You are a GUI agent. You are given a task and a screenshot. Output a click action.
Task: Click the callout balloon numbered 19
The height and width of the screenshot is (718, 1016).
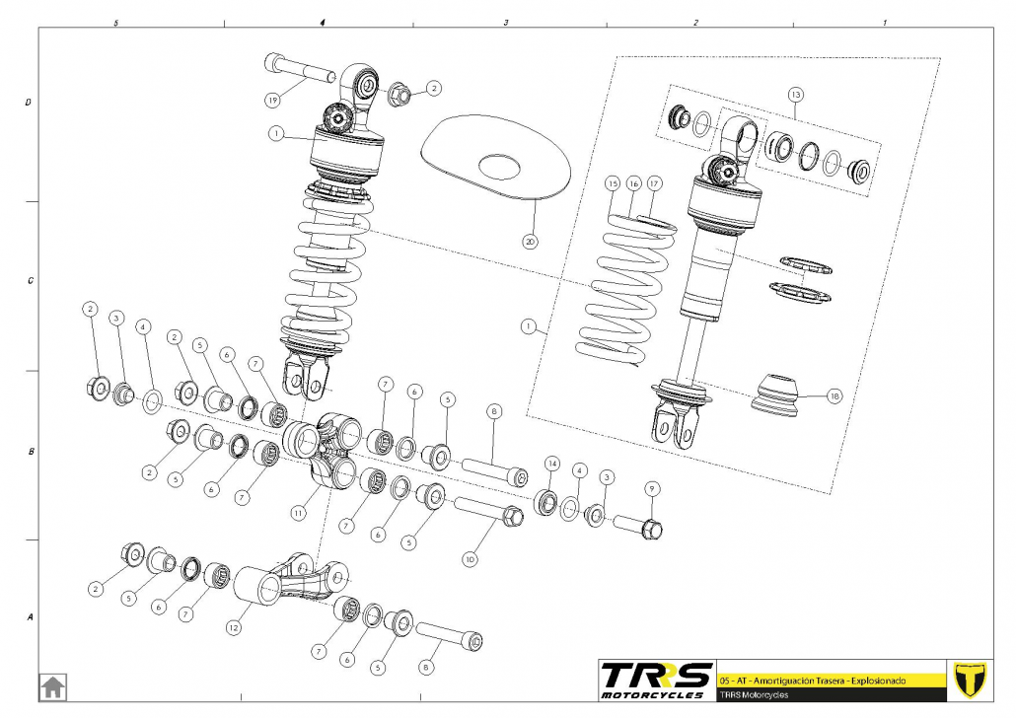click(273, 100)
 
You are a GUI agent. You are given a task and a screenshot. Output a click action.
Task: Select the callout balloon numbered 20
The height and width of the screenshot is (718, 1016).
click(531, 240)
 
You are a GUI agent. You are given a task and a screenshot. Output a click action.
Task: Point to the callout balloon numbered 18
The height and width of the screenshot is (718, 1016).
click(835, 396)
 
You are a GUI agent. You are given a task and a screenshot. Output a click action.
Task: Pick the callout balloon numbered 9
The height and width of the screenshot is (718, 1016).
click(651, 489)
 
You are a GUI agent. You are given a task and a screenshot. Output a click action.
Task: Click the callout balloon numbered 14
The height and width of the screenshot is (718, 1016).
click(552, 463)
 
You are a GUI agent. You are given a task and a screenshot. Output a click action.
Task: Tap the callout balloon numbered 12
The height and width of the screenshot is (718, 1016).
click(234, 627)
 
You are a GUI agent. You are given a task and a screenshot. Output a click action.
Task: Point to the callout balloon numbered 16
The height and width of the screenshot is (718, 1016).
click(633, 184)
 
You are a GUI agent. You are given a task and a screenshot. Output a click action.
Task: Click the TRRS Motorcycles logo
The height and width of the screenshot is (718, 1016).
click(657, 680)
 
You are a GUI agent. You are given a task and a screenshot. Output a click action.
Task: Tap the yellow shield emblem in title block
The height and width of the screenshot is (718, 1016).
click(973, 680)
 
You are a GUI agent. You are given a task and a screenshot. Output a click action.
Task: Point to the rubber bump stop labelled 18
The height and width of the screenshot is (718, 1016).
click(774, 392)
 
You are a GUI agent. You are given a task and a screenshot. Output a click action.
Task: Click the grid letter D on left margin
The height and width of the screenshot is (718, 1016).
click(29, 103)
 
